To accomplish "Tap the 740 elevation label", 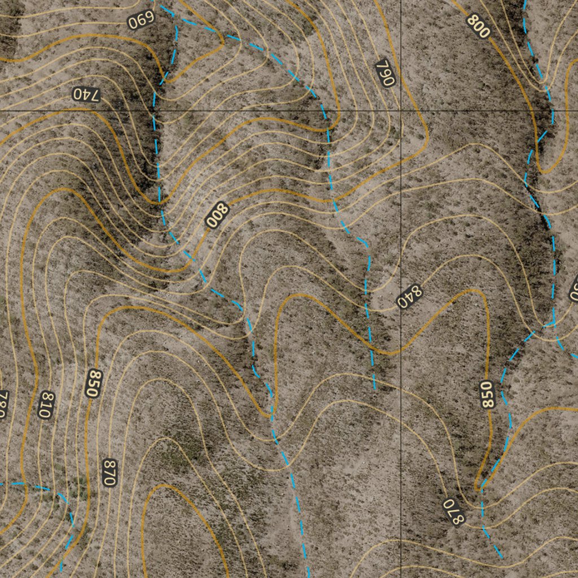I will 86,94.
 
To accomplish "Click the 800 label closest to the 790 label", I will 478,27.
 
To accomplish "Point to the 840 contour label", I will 409,296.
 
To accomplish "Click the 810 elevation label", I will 46,405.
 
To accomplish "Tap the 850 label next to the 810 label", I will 94,383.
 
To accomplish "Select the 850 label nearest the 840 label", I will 487,394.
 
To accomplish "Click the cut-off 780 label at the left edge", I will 3,404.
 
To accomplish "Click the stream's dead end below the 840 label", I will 374,389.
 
